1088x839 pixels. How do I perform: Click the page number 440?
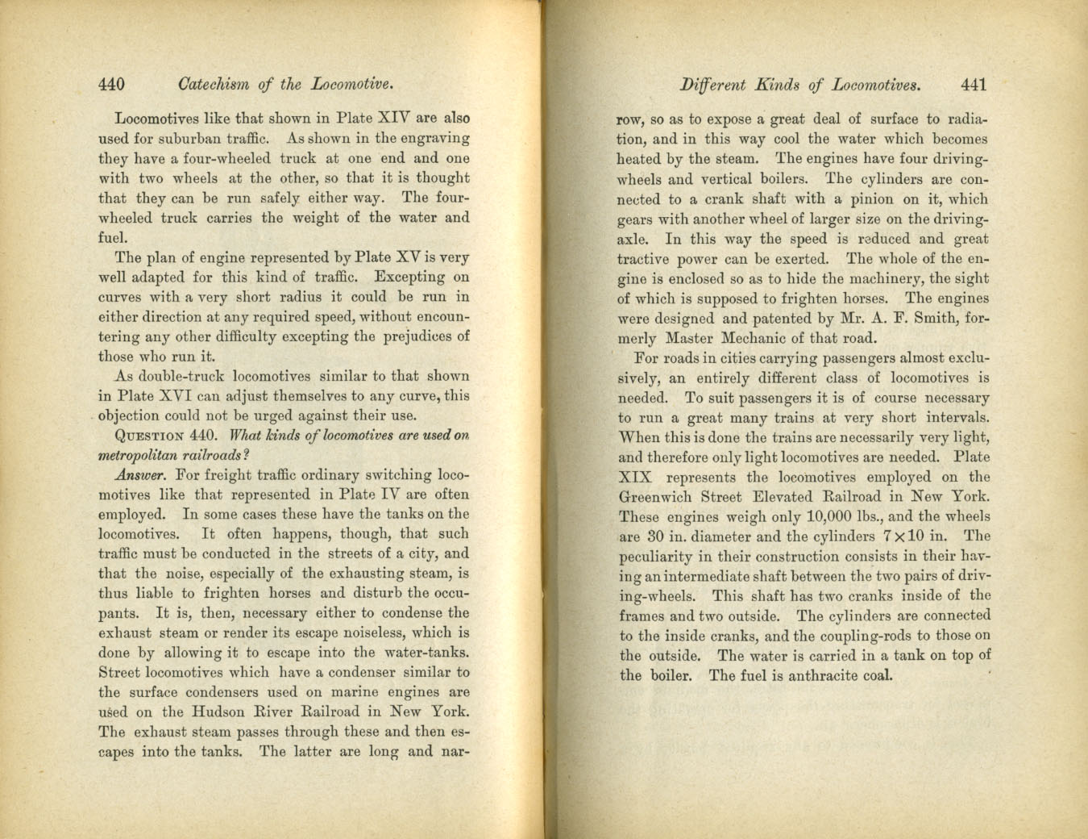coord(111,84)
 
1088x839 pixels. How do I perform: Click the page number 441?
coord(974,85)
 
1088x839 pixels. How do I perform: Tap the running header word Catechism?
coord(213,84)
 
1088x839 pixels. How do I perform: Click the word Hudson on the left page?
coord(219,712)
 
